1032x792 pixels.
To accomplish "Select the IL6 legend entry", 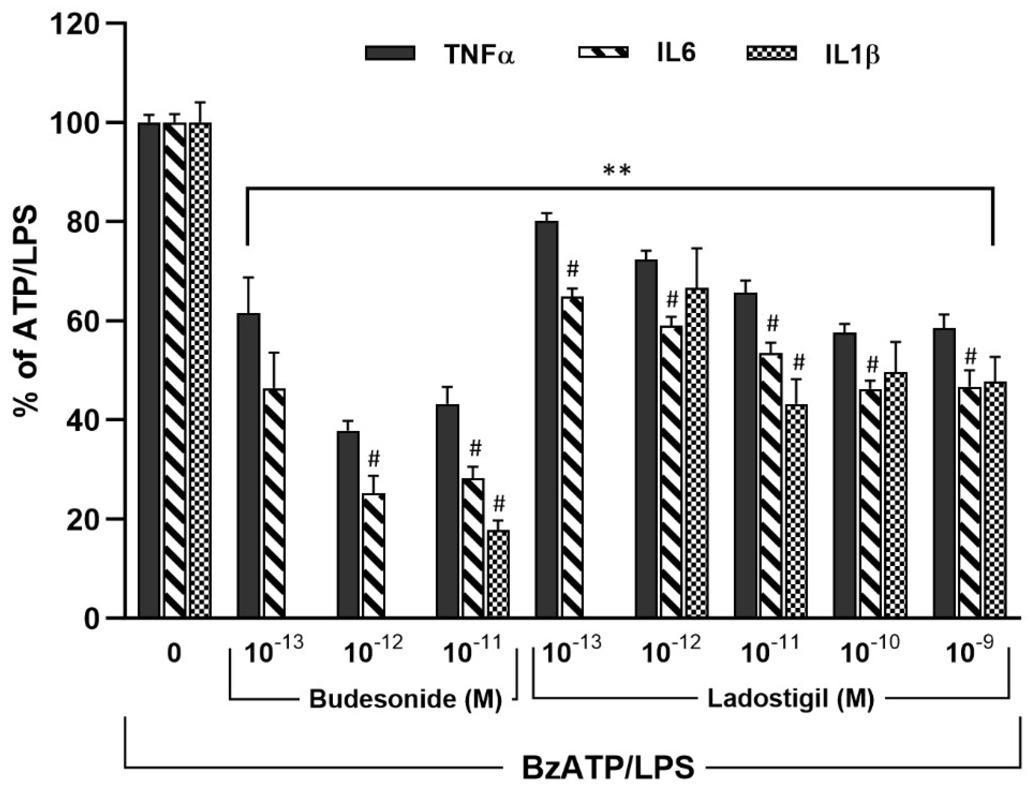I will [x=676, y=54].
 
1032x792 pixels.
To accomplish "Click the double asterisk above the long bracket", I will [x=617, y=171].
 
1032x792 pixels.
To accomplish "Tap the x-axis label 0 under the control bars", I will [x=174, y=654].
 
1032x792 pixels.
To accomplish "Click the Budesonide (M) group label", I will [x=405, y=700].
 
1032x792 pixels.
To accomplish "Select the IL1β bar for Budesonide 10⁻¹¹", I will [x=498, y=573].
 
